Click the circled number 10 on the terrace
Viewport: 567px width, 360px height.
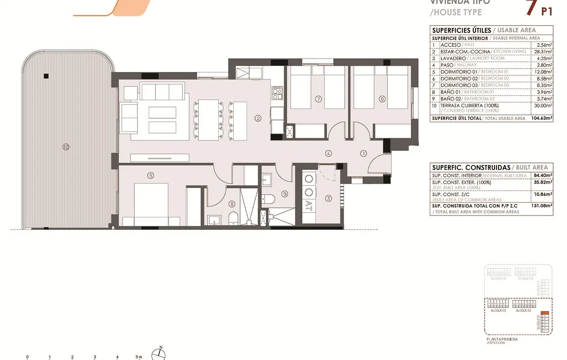click(x=66, y=147)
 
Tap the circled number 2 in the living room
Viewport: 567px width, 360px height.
click(x=258, y=118)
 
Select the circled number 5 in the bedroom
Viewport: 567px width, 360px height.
click(x=151, y=175)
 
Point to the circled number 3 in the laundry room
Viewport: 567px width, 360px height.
click(x=329, y=199)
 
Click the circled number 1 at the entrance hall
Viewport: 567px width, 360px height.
click(x=363, y=154)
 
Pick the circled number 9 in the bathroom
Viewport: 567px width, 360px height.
click(x=285, y=194)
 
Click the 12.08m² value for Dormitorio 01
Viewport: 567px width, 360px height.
click(x=544, y=72)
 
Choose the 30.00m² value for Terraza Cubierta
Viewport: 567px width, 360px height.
click(x=543, y=106)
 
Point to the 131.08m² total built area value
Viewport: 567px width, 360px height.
click(x=542, y=206)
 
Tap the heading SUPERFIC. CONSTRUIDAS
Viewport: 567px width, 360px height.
click(x=471, y=168)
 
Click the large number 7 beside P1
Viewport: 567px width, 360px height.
click(x=531, y=6)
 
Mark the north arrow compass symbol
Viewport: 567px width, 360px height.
click(x=159, y=354)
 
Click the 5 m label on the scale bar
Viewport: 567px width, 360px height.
click(x=139, y=357)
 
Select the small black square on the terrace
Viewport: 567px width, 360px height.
click(x=46, y=76)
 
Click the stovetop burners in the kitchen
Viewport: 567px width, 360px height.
click(x=277, y=94)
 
